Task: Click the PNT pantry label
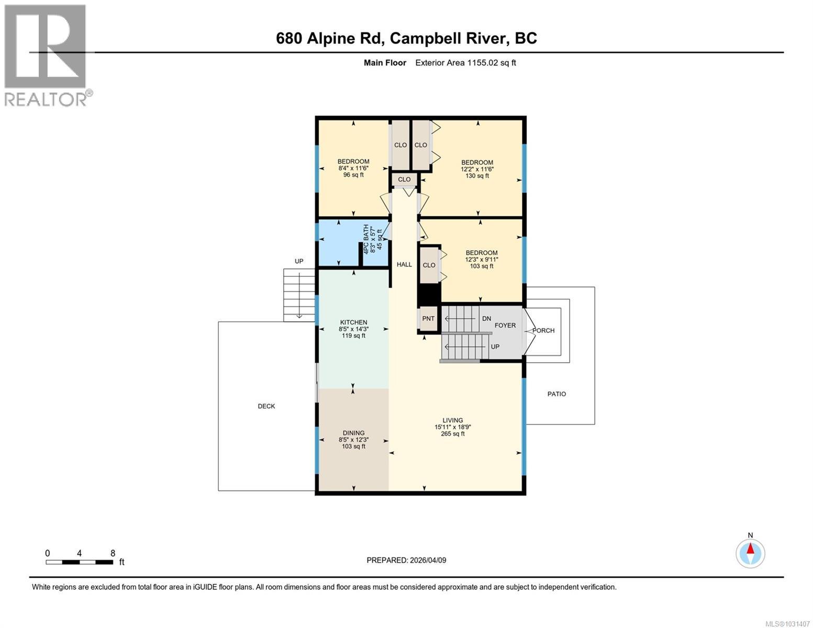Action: click(x=428, y=319)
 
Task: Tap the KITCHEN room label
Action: click(x=353, y=322)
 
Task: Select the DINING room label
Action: click(x=353, y=433)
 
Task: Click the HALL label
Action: click(x=404, y=264)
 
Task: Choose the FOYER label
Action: click(x=505, y=325)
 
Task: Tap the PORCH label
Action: click(x=543, y=330)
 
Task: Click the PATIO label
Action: click(x=556, y=394)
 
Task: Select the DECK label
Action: click(x=266, y=406)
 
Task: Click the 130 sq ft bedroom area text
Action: click(x=477, y=176)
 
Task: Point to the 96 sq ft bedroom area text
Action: click(x=353, y=175)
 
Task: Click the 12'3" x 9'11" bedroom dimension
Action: click(x=481, y=260)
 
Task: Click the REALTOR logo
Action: click(x=47, y=55)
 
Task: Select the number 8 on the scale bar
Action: click(x=113, y=553)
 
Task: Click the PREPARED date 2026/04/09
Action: click(x=427, y=560)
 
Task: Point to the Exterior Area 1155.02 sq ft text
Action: click(x=465, y=63)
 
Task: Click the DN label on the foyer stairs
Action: click(x=486, y=319)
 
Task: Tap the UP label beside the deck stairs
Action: click(x=298, y=261)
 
